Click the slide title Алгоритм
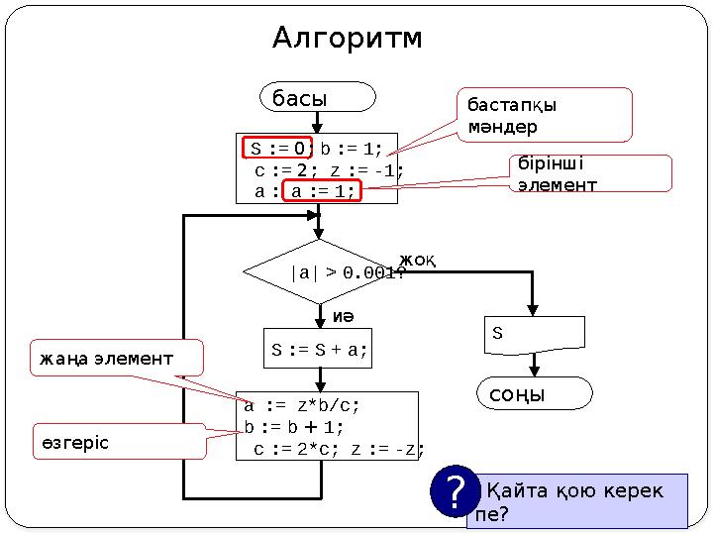tap(347, 39)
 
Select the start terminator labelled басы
tap(318, 97)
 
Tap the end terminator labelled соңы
tap(535, 393)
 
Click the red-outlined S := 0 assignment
tap(278, 149)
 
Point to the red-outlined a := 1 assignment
tap(323, 190)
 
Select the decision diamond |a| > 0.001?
tap(319, 271)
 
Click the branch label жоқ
tap(418, 260)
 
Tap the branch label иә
tap(343, 315)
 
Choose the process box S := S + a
tap(318, 349)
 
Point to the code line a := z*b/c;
tap(302, 405)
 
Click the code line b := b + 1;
tap(294, 427)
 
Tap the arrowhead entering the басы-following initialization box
tap(318, 127)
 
